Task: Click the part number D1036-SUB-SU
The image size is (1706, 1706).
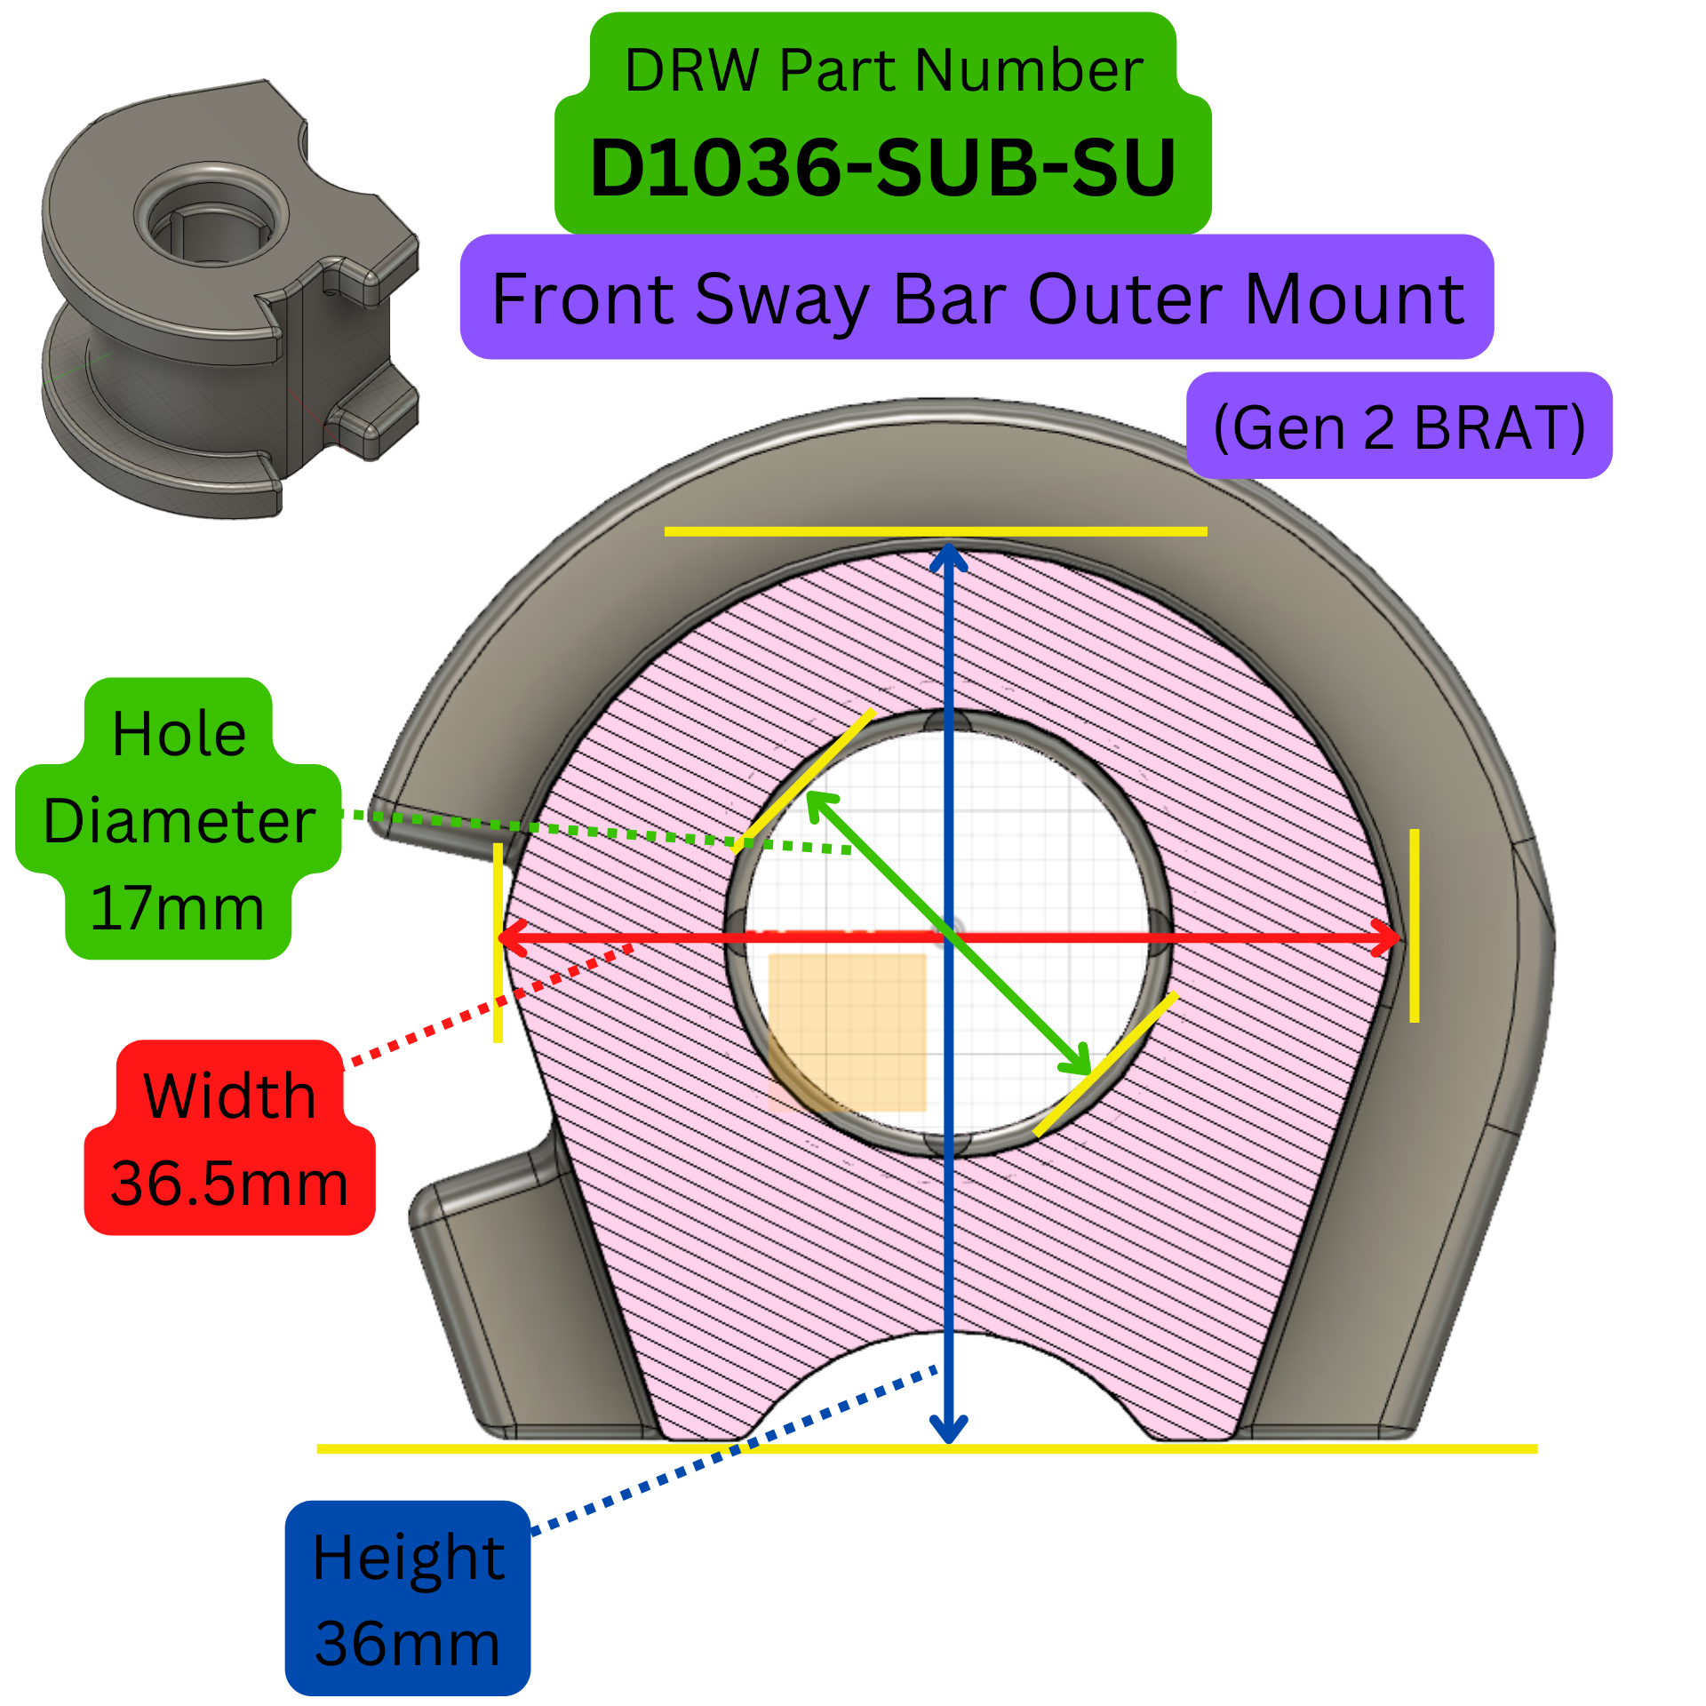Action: (x=882, y=168)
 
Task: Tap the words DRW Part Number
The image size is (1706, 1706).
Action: (x=882, y=70)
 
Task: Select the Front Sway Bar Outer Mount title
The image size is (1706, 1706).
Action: (x=977, y=299)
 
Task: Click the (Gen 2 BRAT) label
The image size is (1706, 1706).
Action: (x=1399, y=427)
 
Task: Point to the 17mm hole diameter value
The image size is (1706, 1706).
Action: (x=178, y=908)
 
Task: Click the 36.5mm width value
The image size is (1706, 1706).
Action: (x=229, y=1184)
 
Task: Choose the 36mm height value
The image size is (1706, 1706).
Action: (x=408, y=1643)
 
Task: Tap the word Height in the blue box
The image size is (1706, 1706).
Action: (x=409, y=1558)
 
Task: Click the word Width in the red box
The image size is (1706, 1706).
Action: (x=229, y=1095)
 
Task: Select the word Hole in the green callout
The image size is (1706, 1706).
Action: (x=179, y=734)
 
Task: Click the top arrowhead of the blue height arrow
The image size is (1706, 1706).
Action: (x=949, y=555)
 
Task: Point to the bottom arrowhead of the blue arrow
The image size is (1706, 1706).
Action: (x=949, y=1431)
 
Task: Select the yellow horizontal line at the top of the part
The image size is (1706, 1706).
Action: (x=935, y=531)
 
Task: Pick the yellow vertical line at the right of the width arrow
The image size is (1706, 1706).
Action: (x=1414, y=924)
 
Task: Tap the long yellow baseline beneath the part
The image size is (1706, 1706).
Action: (x=926, y=1449)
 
